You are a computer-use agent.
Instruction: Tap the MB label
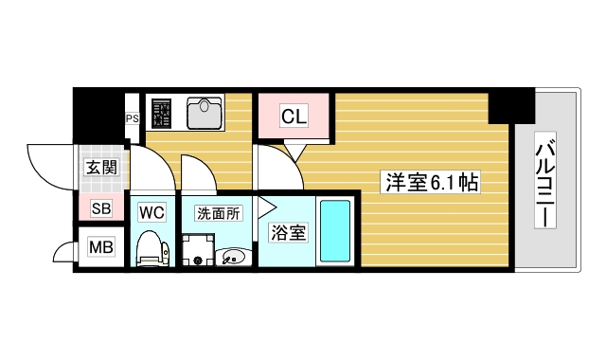[100, 248]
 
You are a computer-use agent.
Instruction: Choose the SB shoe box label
[100, 209]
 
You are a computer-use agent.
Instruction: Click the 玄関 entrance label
[100, 168]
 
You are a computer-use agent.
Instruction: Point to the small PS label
[133, 118]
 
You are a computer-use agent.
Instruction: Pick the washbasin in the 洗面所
[233, 255]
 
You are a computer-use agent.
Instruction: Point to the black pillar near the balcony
[511, 106]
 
